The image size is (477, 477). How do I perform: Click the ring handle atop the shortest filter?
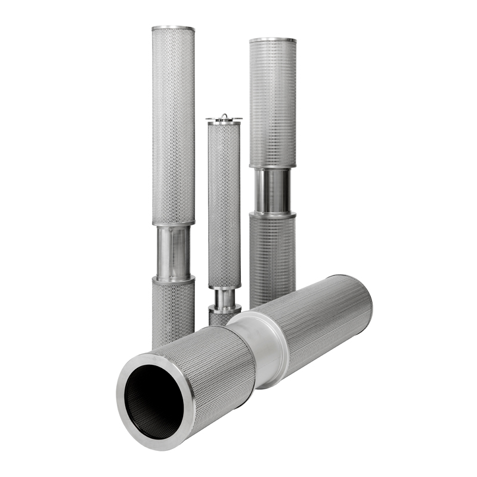point(224,116)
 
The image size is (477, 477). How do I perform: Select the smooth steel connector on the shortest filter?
point(224,296)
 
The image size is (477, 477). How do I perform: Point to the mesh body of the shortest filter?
point(224,203)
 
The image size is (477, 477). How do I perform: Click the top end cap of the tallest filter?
point(173,29)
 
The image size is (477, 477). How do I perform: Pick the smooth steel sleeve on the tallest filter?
point(173,250)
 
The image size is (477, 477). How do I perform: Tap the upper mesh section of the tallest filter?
point(173,125)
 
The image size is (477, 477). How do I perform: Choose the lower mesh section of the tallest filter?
point(173,310)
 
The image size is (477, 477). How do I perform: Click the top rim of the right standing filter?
point(272,41)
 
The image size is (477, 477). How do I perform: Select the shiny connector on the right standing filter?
point(272,190)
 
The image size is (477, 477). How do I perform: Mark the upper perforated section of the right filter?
point(272,101)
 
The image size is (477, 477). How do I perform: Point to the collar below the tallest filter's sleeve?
point(173,278)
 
